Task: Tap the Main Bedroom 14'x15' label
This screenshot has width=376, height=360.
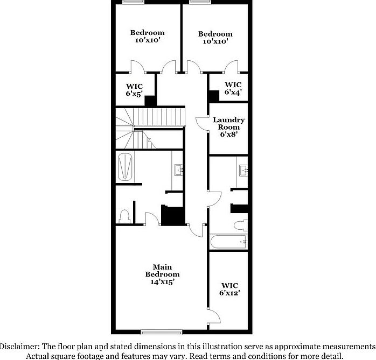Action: pyautogui.click(x=162, y=274)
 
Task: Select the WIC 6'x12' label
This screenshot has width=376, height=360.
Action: pyautogui.click(x=229, y=289)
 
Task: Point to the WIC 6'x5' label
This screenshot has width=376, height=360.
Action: pyautogui.click(x=134, y=90)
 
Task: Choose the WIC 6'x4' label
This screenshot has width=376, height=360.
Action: pyautogui.click(x=233, y=88)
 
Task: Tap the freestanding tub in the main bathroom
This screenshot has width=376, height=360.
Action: pyautogui.click(x=125, y=167)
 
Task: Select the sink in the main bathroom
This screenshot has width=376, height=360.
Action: pyautogui.click(x=179, y=171)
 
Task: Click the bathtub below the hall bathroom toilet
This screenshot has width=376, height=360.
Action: pyautogui.click(x=228, y=242)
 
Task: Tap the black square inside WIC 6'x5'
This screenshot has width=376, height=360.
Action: pyautogui.click(x=150, y=100)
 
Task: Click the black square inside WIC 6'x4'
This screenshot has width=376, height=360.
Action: pyautogui.click(x=214, y=95)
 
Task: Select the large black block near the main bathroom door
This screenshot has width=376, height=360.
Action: pyautogui.click(x=173, y=216)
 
